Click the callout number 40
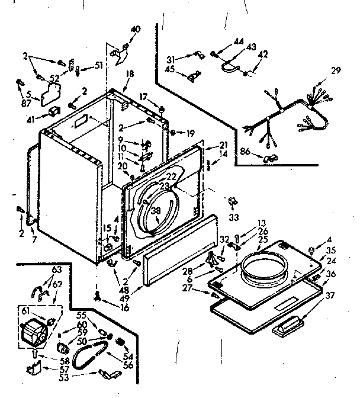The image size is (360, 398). click(x=136, y=29)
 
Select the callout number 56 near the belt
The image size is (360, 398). click(x=127, y=366)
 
